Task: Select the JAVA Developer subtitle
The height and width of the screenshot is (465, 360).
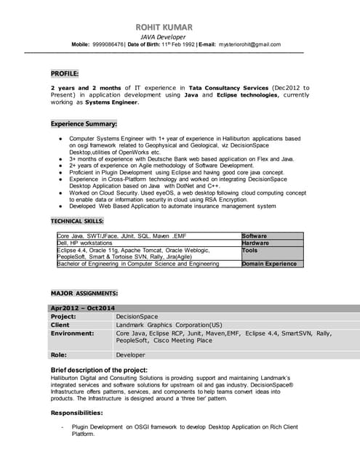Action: [x=162, y=36]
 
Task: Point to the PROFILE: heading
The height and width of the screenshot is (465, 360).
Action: [x=65, y=74]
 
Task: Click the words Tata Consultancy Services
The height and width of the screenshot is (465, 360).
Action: [x=232, y=87]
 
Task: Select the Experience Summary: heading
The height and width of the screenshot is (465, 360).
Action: [x=84, y=124]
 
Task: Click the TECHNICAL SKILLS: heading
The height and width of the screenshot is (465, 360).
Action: [x=77, y=220]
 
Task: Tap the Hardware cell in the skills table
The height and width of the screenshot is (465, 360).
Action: [x=255, y=243]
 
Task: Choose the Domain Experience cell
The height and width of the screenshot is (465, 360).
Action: [x=269, y=264]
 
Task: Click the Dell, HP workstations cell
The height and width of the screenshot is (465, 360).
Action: [x=85, y=243]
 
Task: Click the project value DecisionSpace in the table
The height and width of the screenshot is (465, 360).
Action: [x=138, y=317]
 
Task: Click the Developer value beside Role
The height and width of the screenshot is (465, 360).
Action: [x=131, y=355]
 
